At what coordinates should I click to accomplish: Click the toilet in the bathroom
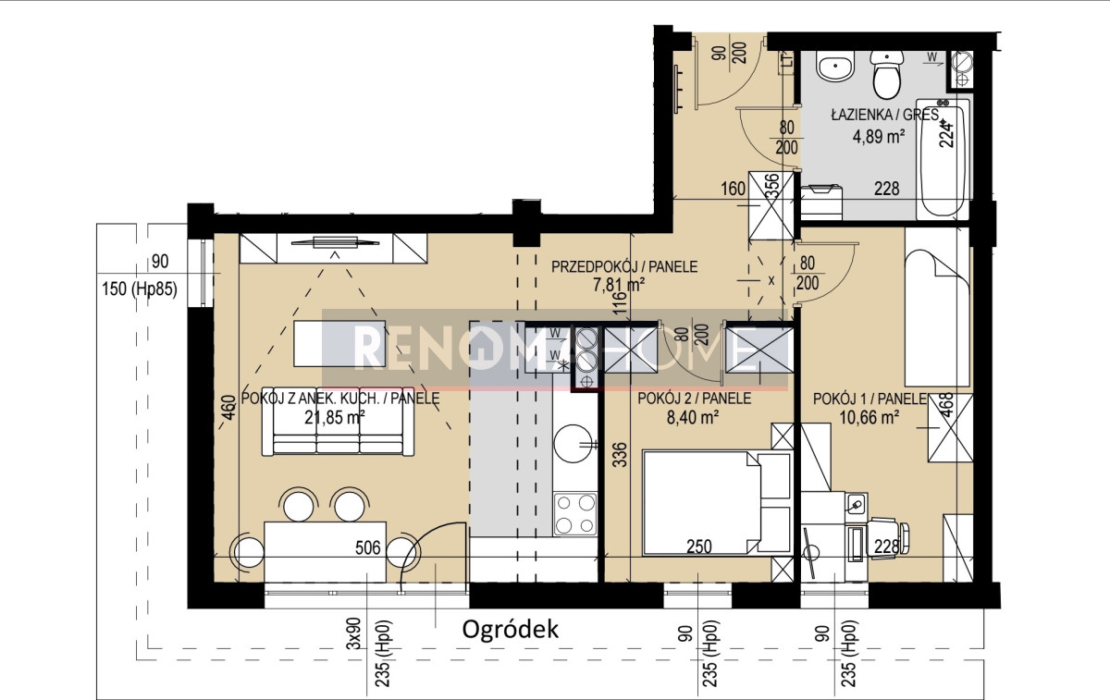click(x=886, y=74)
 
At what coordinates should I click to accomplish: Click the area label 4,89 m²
click(x=879, y=136)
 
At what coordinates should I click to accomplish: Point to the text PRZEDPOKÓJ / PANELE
click(x=624, y=267)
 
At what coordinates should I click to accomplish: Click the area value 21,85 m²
click(x=335, y=417)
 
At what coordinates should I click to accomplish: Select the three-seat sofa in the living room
click(x=338, y=421)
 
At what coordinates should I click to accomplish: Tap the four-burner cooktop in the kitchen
click(x=574, y=514)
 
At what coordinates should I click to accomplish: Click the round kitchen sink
click(x=573, y=443)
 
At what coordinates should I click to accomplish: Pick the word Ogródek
click(x=510, y=630)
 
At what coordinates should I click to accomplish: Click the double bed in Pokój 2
click(x=717, y=502)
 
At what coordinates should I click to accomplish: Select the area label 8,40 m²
click(x=693, y=417)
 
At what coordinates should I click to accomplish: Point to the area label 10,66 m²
click(x=869, y=417)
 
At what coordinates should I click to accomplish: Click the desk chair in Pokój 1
click(x=888, y=538)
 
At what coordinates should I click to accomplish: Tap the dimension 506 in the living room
click(x=368, y=547)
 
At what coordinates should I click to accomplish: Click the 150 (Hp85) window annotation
click(x=140, y=289)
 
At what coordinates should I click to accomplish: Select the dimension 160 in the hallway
click(x=733, y=189)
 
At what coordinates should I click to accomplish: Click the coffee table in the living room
click(x=339, y=343)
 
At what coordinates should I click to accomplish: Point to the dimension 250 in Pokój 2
click(x=699, y=546)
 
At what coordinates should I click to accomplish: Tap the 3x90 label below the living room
click(x=355, y=634)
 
